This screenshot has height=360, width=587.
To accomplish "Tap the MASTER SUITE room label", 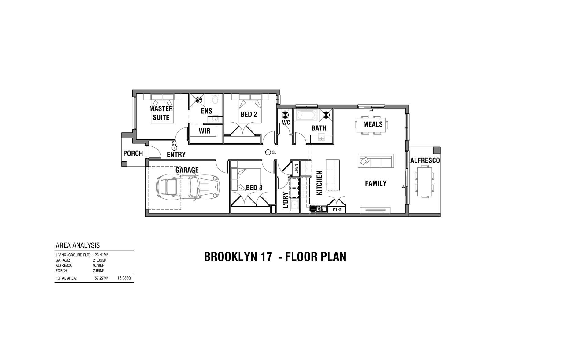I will pos(161,113).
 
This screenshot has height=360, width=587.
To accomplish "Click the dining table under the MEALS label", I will pos(371,125).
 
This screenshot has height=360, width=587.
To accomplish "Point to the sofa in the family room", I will pos(376,161).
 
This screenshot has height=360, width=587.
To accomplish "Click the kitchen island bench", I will pos(332,175).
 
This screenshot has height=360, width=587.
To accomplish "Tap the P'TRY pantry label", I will pos(337,210).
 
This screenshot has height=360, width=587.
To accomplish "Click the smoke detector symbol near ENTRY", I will pos(174,147).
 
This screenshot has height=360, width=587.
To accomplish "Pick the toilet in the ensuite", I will pos(215,100).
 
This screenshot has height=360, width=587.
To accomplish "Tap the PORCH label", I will pos(133,153).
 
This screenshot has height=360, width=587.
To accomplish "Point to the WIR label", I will pos(204,131).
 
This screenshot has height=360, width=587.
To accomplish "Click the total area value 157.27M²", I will pos(100,278).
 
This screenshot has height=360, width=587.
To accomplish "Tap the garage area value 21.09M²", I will pos(99,260).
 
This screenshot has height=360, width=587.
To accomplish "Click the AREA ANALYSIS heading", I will pos(78,245).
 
